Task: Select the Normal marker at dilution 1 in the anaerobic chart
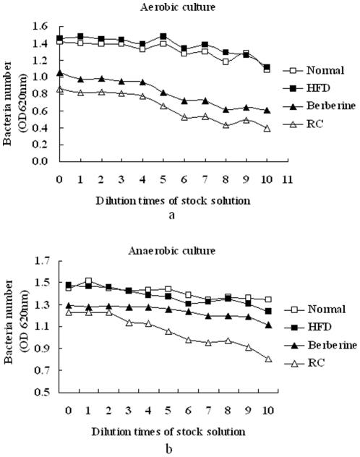89,281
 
